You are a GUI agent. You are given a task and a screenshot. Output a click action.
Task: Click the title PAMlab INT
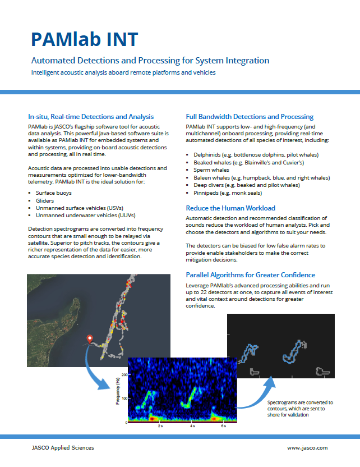[84, 39]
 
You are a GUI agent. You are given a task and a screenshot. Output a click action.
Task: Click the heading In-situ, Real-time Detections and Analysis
[91, 117]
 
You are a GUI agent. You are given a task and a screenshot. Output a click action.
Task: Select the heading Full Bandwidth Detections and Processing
[250, 117]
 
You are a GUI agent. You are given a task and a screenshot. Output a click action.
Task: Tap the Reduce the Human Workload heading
[230, 208]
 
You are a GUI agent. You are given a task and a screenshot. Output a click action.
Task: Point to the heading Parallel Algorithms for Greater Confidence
[250, 275]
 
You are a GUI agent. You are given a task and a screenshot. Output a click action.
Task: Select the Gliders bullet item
[45, 200]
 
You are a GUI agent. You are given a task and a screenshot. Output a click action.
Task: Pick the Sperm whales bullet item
[211, 170]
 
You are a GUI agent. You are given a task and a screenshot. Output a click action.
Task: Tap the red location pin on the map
[89, 338]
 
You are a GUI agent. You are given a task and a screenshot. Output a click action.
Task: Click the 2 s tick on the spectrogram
[160, 427]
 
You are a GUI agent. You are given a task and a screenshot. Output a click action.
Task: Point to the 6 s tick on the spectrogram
[223, 427]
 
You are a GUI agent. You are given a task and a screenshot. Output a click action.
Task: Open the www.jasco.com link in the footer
[307, 448]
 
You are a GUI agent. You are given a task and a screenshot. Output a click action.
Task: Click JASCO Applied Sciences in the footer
[63, 448]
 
